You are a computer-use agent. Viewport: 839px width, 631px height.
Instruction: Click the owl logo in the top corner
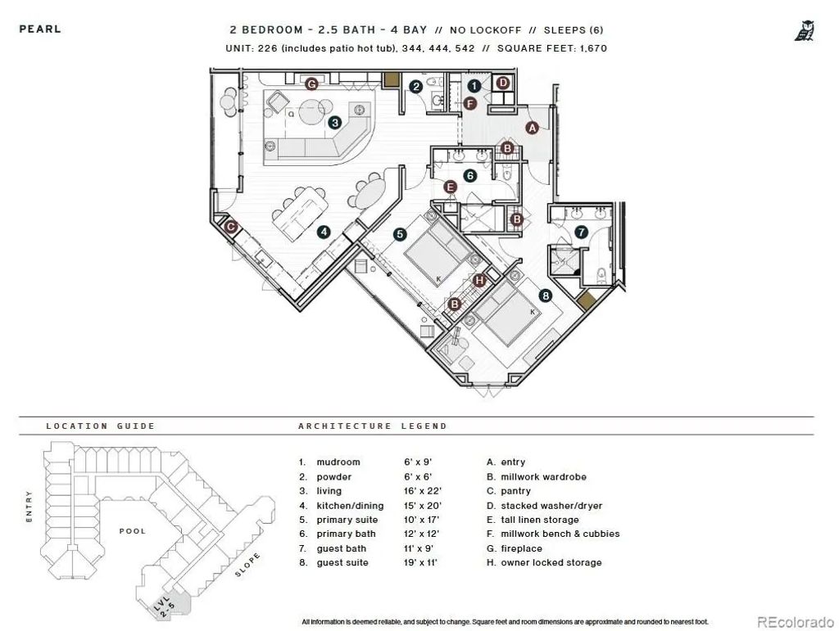(805, 30)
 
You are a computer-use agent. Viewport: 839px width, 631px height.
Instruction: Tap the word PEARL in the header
(40, 29)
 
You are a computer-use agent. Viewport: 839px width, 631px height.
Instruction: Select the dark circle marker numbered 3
(335, 122)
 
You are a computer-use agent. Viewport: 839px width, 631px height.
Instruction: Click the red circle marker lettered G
(311, 83)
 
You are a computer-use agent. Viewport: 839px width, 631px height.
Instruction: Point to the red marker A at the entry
(532, 128)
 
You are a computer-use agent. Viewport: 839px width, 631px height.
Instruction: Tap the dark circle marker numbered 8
(545, 295)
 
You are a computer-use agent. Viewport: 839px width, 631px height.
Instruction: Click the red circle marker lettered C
(230, 227)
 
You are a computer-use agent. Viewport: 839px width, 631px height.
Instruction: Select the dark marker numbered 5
(400, 234)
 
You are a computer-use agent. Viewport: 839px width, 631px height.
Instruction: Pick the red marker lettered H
(479, 281)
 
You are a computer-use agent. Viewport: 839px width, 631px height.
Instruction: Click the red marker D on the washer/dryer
(502, 83)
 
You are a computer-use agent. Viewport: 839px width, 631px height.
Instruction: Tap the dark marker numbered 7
(581, 232)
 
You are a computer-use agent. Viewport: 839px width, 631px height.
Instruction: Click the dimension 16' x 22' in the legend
(423, 491)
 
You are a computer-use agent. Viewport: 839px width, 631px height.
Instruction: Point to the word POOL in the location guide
(133, 531)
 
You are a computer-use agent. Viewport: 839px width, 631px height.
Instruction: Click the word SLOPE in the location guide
(247, 565)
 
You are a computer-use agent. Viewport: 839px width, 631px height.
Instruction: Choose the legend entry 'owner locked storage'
(551, 562)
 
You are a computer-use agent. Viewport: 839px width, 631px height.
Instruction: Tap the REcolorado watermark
(795, 622)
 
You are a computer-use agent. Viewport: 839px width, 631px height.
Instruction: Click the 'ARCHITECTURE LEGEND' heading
(373, 426)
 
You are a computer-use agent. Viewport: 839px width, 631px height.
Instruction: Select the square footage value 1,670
(593, 48)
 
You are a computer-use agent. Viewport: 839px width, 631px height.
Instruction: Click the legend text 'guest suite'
(342, 562)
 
